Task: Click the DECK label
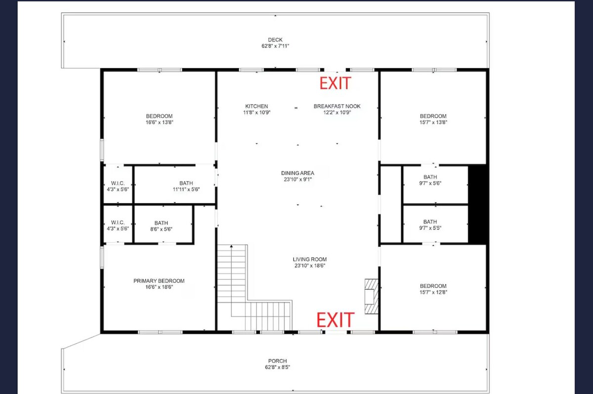pyautogui.click(x=275, y=40)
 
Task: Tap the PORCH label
pyautogui.click(x=277, y=361)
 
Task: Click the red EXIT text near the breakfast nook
pyautogui.click(x=336, y=83)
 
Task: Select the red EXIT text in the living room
pyautogui.click(x=336, y=320)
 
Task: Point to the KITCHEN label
pyautogui.click(x=256, y=106)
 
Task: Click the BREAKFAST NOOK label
pyautogui.click(x=337, y=106)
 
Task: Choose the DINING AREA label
pyautogui.click(x=297, y=173)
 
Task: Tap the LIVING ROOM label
pyautogui.click(x=310, y=259)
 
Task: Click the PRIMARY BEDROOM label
pyautogui.click(x=159, y=281)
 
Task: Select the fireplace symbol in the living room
pyautogui.click(x=372, y=296)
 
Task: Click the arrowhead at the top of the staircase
pyautogui.click(x=231, y=246)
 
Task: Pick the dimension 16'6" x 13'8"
pyautogui.click(x=159, y=122)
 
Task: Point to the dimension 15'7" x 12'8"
pyautogui.click(x=433, y=292)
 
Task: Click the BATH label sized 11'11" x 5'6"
pyautogui.click(x=186, y=183)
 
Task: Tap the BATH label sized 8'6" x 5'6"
pyautogui.click(x=161, y=223)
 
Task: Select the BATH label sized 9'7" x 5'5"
pyautogui.click(x=430, y=221)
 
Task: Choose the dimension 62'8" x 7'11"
pyautogui.click(x=275, y=46)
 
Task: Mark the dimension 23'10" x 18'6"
pyautogui.click(x=310, y=265)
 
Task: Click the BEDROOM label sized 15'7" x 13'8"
pyautogui.click(x=433, y=116)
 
